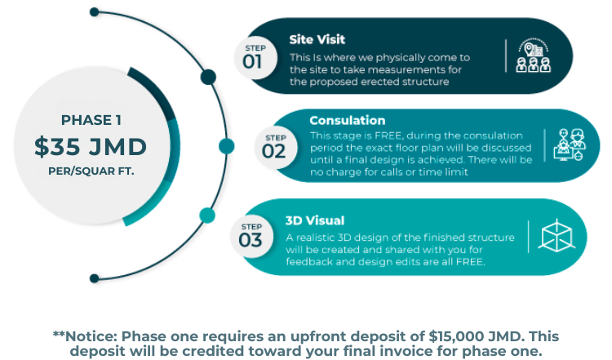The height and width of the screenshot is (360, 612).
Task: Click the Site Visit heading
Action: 317,38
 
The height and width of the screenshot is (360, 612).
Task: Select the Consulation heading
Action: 348,120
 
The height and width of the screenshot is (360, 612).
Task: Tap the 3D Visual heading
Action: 315,220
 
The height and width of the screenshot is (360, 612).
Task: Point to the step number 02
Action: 275,151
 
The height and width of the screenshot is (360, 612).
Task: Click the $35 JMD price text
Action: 91,147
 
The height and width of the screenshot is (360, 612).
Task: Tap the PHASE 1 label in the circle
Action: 91,120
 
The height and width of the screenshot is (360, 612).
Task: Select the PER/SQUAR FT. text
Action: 91,173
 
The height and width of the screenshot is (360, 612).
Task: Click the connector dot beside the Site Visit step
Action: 207,78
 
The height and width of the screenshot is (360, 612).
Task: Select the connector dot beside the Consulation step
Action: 227,146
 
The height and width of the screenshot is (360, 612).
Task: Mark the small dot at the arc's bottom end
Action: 95,278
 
